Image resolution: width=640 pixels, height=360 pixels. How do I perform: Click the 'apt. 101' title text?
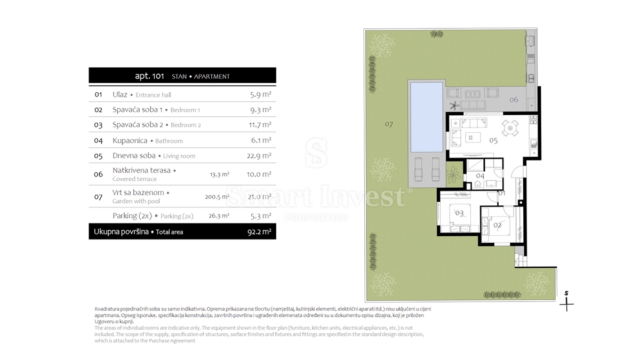[x=149, y=76]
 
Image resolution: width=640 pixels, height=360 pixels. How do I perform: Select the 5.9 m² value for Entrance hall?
[x=261, y=94]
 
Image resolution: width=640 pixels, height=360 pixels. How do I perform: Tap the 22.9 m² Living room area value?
[x=259, y=156]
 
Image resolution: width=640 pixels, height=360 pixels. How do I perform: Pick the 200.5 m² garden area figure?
[x=217, y=197]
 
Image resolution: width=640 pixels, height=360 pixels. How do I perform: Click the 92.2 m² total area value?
[x=259, y=231]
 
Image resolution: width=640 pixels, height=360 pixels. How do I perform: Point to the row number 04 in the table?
[x=98, y=141]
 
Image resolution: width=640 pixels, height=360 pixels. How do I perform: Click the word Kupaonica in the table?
[x=130, y=141]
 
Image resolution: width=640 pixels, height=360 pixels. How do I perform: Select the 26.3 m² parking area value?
[x=219, y=215]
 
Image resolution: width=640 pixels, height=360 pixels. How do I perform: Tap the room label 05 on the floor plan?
[x=493, y=140]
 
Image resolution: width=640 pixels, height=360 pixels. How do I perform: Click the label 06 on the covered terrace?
[x=514, y=100]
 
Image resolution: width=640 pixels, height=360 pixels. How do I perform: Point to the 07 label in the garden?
[x=389, y=124]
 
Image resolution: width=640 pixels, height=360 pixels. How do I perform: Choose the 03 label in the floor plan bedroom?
[x=459, y=213]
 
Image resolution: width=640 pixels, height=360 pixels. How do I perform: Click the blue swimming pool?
[x=427, y=117]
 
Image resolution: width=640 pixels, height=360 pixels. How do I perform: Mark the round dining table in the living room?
[x=510, y=127]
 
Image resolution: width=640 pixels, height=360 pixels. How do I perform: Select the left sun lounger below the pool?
[x=419, y=169]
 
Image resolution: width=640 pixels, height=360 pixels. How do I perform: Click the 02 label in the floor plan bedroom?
[x=498, y=225]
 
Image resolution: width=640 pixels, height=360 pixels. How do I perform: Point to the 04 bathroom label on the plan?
[x=481, y=175]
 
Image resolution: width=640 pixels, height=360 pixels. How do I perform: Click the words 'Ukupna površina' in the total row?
[x=121, y=231]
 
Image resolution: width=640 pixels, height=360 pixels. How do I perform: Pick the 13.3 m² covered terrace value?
[x=219, y=174]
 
